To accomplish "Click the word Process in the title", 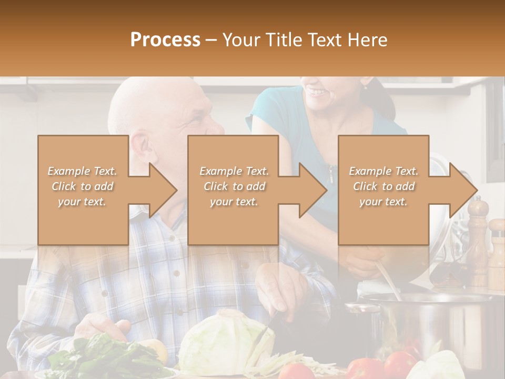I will click(x=165, y=40).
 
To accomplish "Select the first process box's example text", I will click(x=82, y=186).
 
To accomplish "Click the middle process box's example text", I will click(x=234, y=186).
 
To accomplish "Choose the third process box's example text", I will click(x=383, y=186).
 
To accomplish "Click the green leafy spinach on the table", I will click(x=105, y=358).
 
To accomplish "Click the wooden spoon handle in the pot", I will click(x=387, y=279).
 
